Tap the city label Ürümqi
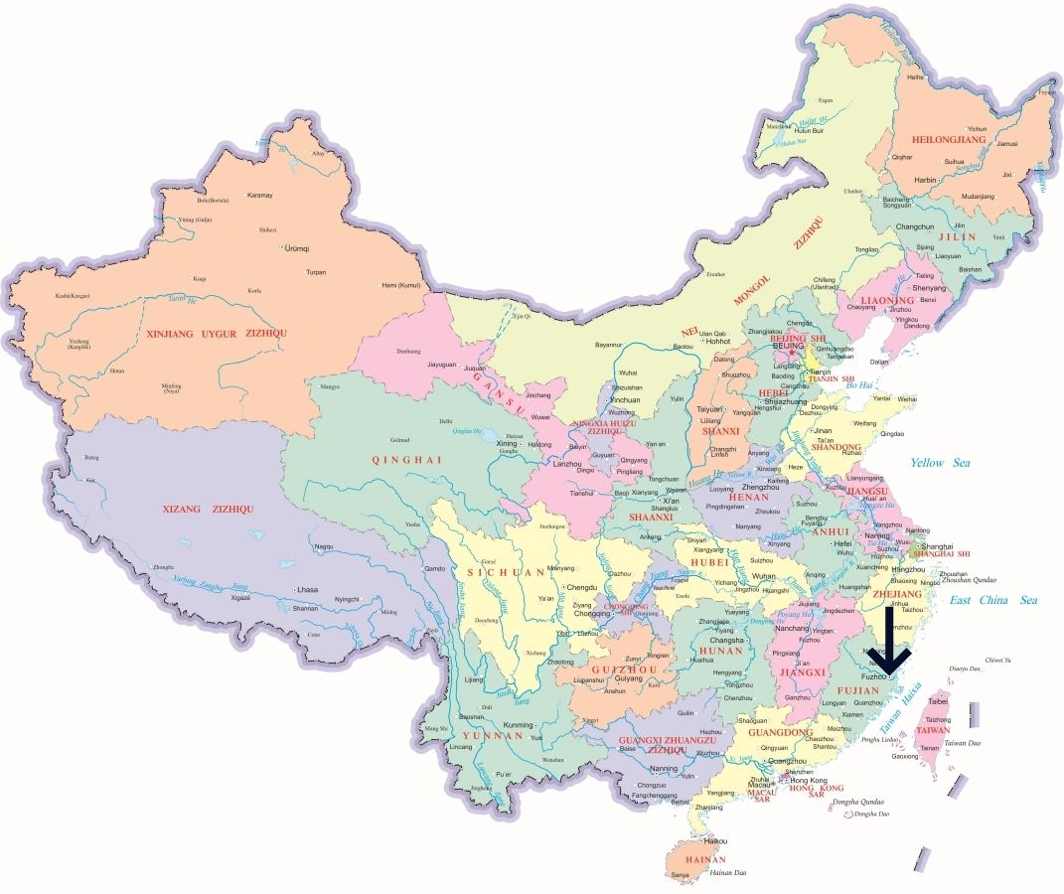click(297, 247)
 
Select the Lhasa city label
click(307, 590)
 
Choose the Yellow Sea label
click(941, 463)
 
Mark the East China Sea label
click(992, 600)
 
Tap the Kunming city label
click(519, 725)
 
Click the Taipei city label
click(938, 700)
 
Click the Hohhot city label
click(718, 341)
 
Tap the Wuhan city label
click(763, 576)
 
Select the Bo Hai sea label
click(859, 384)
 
